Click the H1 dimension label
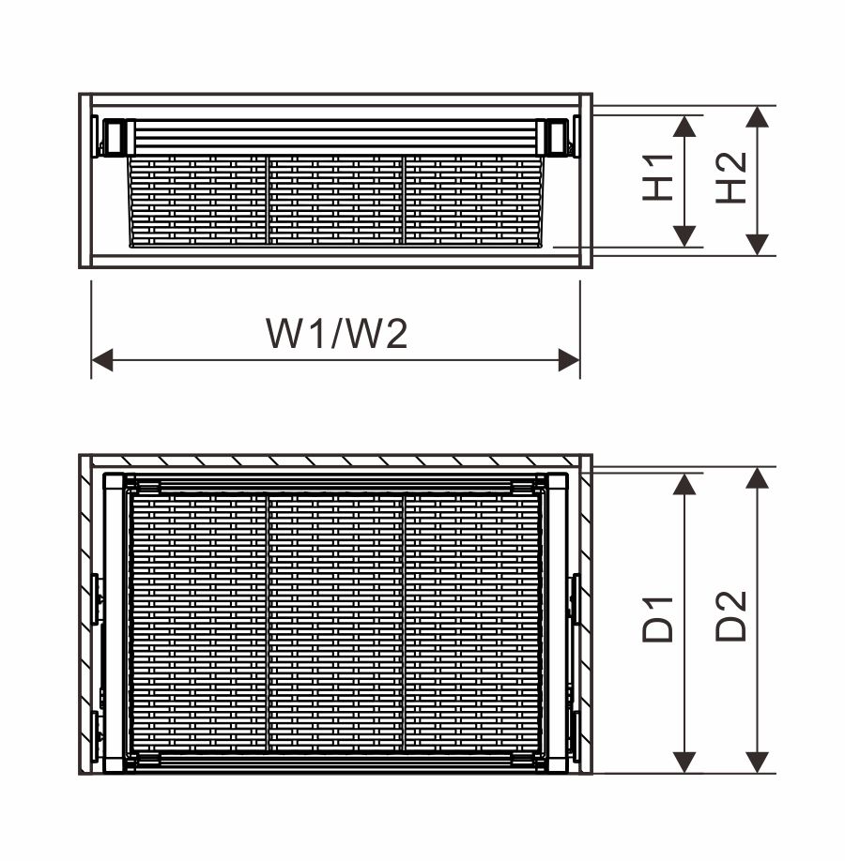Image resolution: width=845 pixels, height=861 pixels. (x=658, y=177)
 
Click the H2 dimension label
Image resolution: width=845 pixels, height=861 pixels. (x=731, y=177)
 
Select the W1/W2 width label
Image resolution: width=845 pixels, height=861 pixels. (x=336, y=333)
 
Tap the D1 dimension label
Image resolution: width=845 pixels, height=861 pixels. (x=657, y=619)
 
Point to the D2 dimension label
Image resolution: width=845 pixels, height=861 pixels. (x=730, y=615)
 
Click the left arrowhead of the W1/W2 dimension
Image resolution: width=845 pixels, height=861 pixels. (x=102, y=360)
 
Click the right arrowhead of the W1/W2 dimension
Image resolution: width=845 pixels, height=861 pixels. (x=569, y=360)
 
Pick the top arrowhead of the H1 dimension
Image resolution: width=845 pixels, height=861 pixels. (x=684, y=127)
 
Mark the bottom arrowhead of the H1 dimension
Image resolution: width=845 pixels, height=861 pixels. (x=684, y=236)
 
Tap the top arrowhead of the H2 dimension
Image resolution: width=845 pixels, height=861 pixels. (x=758, y=117)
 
